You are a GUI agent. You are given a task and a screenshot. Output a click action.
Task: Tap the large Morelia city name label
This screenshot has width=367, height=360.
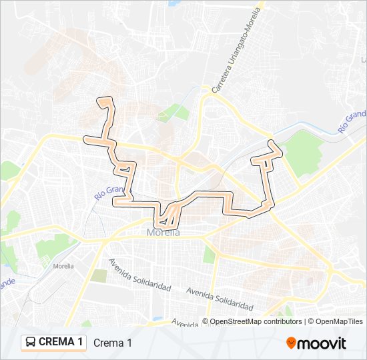tap(163, 233)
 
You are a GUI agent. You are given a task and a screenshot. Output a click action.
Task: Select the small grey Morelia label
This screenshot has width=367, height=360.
tap(63, 265)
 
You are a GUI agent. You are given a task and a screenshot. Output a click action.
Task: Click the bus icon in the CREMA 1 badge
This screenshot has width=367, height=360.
tap(31, 343)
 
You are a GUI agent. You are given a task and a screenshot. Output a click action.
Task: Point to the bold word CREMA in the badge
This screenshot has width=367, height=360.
tap(57, 343)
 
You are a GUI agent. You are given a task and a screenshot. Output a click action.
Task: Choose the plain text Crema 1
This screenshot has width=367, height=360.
tap(113, 343)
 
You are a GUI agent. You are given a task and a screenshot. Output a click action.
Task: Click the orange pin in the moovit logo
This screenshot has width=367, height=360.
tap(292, 343)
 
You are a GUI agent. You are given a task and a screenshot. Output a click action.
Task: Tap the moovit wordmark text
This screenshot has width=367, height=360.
tap(322, 343)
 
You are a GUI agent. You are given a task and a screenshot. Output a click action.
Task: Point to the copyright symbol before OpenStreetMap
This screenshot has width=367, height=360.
tap(206, 321)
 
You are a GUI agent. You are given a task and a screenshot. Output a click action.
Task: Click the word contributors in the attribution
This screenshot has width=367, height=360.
tap(282, 321)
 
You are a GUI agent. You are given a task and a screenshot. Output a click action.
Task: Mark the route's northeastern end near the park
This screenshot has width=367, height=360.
tap(272, 145)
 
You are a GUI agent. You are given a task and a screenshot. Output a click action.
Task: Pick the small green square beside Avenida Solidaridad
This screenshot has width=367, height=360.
tap(99, 275)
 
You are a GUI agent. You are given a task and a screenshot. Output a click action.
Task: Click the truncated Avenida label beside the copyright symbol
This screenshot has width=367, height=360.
tap(185, 321)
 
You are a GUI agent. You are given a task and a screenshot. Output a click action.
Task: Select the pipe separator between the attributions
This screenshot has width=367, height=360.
tap(305, 321)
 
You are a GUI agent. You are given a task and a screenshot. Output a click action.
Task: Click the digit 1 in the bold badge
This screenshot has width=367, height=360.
tap(80, 343)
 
